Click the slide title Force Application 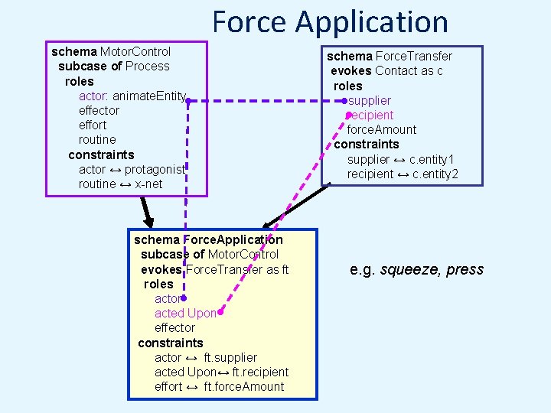click(330, 21)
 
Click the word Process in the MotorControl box click(147, 66)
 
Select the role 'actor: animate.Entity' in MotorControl click(132, 96)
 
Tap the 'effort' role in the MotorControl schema click(93, 125)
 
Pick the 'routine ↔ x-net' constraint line click(120, 184)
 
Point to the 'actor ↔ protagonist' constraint click(132, 169)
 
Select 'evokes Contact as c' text click(386, 70)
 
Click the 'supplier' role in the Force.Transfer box click(370, 100)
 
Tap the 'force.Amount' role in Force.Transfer click(382, 129)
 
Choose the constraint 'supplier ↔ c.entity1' click(400, 159)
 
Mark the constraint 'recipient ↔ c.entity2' click(403, 174)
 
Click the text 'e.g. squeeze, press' click(416, 269)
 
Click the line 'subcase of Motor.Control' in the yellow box click(210, 254)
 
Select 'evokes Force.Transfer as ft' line click(214, 269)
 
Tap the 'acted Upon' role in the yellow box click(185, 313)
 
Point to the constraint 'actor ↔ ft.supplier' click(205, 357)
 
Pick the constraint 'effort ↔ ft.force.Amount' click(219, 386)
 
